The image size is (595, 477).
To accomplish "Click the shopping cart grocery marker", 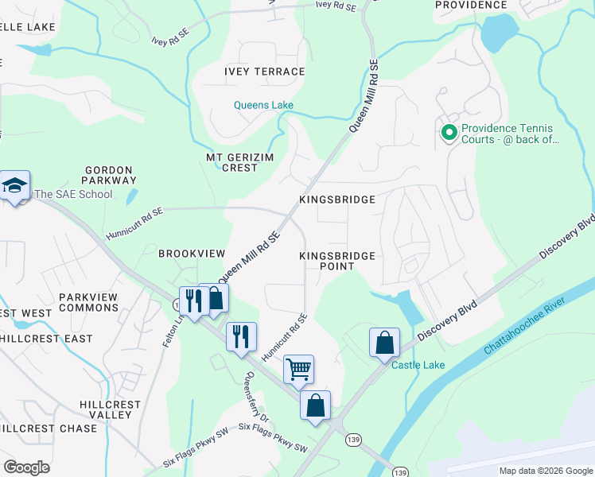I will pyautogui.click(x=298, y=368).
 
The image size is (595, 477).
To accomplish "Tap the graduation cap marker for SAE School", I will pyautogui.click(x=14, y=187).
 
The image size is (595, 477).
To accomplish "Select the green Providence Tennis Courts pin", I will pyautogui.click(x=449, y=133).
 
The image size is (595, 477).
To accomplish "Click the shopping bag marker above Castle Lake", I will pyautogui.click(x=384, y=343).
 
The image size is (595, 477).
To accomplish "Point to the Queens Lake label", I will pyautogui.click(x=263, y=105).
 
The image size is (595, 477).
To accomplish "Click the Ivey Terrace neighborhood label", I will pyautogui.click(x=265, y=72).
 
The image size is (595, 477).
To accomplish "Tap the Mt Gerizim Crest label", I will pyautogui.click(x=232, y=162).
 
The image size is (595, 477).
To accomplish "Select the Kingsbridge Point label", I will pyautogui.click(x=336, y=261).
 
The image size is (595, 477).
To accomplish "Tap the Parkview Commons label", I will pyautogui.click(x=87, y=302).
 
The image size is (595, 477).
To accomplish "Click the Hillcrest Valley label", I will pyautogui.click(x=111, y=409).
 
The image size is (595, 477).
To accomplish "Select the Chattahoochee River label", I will pyautogui.click(x=531, y=327).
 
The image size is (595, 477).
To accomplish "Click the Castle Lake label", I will pyautogui.click(x=418, y=365).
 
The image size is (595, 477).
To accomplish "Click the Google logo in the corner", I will pyautogui.click(x=26, y=467).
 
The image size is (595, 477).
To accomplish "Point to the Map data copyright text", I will pyautogui.click(x=545, y=471).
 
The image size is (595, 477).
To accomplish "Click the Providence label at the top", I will pyautogui.click(x=471, y=5).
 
